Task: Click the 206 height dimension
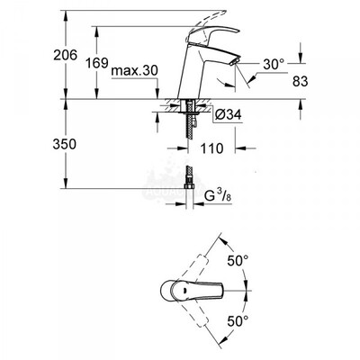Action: click(x=66, y=55)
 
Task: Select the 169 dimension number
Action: click(x=97, y=63)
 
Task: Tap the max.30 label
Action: click(x=134, y=71)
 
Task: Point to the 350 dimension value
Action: click(x=65, y=144)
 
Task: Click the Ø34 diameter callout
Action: click(x=229, y=114)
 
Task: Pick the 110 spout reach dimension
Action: click(x=211, y=148)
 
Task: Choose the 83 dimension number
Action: click(x=301, y=81)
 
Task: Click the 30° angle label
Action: click(x=274, y=64)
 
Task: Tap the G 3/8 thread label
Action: click(x=218, y=196)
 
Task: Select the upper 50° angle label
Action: click(x=238, y=260)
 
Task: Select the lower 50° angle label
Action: click(x=238, y=321)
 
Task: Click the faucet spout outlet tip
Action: click(x=234, y=61)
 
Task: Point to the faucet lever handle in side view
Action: click(x=213, y=34)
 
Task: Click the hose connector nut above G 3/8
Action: click(x=189, y=186)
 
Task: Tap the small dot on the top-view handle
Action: click(x=184, y=290)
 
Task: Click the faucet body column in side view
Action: click(x=191, y=72)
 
